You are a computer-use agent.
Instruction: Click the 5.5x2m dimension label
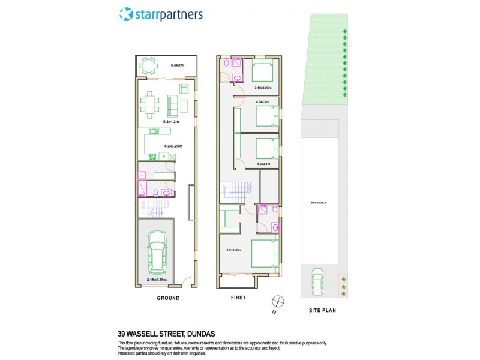pyautogui.click(x=176, y=65)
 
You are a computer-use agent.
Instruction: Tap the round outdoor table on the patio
pyautogui.click(x=148, y=67)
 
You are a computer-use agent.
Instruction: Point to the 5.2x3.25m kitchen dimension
pyautogui.click(x=173, y=146)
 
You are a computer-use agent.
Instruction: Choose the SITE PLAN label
pyautogui.click(x=321, y=311)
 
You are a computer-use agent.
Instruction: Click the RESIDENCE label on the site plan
pyautogui.click(x=319, y=203)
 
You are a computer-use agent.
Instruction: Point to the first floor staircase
pyautogui.click(x=235, y=193)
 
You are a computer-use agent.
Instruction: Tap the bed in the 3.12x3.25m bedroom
pyautogui.click(x=261, y=71)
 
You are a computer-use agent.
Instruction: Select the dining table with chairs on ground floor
pyautogui.click(x=148, y=104)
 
